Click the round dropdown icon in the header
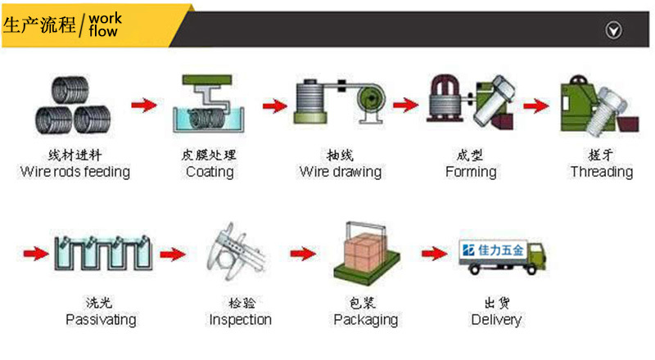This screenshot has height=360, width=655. [612, 30]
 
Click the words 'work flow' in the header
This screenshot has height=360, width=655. [103, 25]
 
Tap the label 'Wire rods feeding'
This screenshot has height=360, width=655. [75, 172]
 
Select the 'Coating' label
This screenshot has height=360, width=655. [210, 172]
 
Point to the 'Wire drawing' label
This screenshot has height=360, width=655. [340, 172]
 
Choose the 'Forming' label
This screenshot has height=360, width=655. [471, 172]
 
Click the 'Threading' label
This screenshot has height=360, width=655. [602, 172]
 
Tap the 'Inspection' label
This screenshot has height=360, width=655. [241, 319]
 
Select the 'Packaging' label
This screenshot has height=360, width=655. [365, 319]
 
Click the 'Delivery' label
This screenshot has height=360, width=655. [496, 319]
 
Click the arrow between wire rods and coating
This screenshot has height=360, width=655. [144, 105]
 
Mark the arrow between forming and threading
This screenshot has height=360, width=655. [535, 105]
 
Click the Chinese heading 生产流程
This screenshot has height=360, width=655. [39, 25]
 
